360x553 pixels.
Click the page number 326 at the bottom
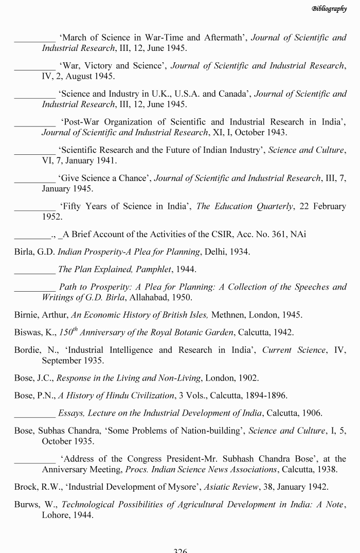180,550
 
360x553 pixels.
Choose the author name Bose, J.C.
34,378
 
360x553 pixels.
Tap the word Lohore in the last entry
57,514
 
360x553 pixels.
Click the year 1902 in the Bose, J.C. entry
248,378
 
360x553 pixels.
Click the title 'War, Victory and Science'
113,66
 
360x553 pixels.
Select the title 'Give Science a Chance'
104,178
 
